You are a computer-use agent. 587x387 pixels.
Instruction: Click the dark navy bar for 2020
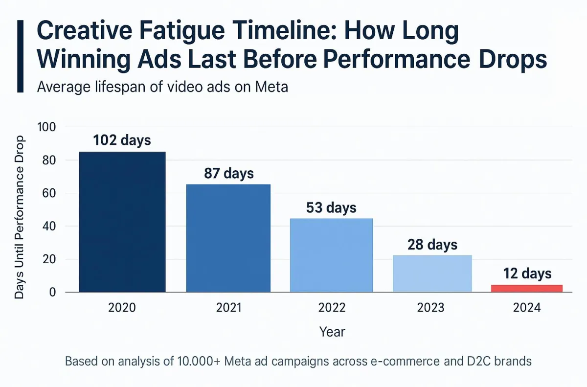[122, 222]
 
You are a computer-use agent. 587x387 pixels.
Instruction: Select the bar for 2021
[228, 238]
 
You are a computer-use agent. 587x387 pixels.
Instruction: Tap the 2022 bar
[331, 255]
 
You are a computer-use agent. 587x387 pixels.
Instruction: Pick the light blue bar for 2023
[432, 273]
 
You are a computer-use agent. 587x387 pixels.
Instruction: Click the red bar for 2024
[527, 288]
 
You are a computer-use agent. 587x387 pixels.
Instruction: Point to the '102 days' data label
[122, 140]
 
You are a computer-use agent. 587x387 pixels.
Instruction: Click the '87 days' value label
[229, 174]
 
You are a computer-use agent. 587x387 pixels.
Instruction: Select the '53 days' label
[331, 208]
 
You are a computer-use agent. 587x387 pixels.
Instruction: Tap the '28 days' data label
[432, 245]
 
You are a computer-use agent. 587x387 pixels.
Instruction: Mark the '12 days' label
[527, 273]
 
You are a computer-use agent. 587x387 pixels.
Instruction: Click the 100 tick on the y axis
[46, 127]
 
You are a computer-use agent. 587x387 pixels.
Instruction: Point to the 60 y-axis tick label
[49, 193]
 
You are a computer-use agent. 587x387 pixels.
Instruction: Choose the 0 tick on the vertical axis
[53, 292]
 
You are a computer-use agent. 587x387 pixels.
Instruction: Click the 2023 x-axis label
[430, 307]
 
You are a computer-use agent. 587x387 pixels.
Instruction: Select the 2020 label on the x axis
[122, 307]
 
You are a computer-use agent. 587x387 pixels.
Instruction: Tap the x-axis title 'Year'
[332, 332]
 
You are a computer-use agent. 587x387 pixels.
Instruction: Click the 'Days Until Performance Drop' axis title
[19, 217]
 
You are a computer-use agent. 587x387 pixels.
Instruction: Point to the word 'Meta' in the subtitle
[271, 87]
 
